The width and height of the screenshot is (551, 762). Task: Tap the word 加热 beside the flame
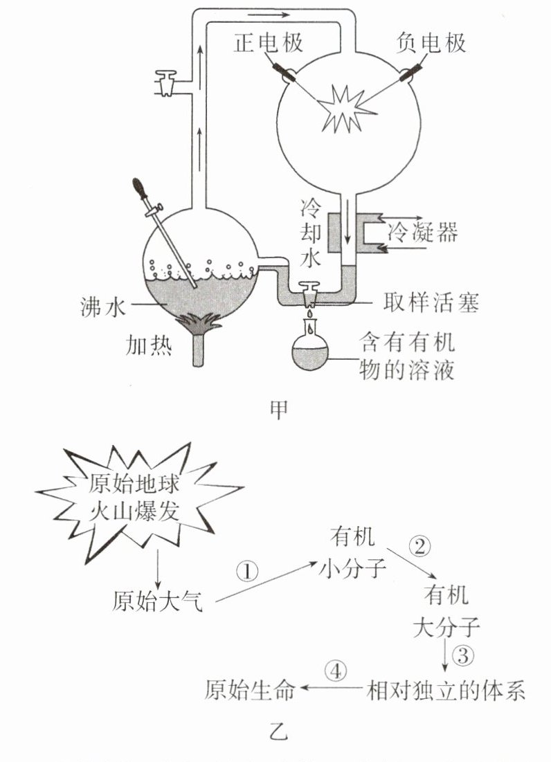tap(147, 344)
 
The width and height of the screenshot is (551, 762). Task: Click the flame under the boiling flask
tap(200, 325)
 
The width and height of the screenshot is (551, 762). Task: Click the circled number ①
tap(246, 571)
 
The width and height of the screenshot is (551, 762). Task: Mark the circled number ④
tap(335, 671)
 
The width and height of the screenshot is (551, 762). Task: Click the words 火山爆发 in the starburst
tap(135, 511)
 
